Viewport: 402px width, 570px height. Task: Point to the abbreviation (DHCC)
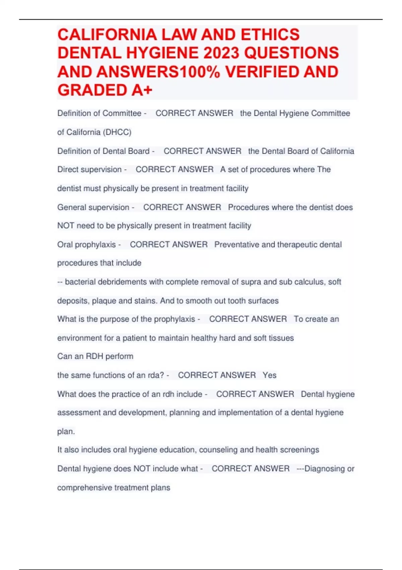coord(117,132)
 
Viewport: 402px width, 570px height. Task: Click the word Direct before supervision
coord(68,170)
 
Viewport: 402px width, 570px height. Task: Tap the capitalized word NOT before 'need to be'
coord(66,226)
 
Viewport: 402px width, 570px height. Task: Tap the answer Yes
coord(269,375)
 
